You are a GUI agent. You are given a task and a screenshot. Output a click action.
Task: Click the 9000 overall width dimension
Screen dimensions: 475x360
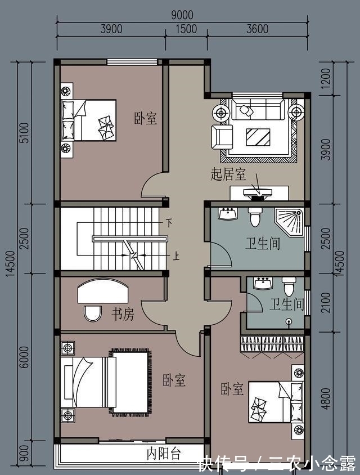tap(182, 15)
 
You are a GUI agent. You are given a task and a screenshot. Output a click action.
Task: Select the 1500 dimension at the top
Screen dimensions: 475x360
tap(186, 29)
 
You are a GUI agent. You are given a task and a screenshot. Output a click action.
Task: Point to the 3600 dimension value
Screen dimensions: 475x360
tap(257, 29)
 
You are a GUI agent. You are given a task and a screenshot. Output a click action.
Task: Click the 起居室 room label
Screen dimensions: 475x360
tap(228, 175)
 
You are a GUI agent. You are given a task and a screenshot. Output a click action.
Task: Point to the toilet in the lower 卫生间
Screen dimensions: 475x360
tap(289, 287)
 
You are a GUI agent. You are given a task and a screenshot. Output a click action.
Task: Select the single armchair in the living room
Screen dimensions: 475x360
tap(222, 136)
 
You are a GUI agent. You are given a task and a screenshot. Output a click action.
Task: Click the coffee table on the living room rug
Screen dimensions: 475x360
tap(258, 136)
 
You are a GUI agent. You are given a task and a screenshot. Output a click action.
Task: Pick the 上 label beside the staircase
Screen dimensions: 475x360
tap(176, 258)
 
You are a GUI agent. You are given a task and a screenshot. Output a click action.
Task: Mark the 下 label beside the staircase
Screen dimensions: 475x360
tap(168, 223)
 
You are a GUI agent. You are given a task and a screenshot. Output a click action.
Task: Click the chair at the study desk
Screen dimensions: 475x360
tap(92, 313)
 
